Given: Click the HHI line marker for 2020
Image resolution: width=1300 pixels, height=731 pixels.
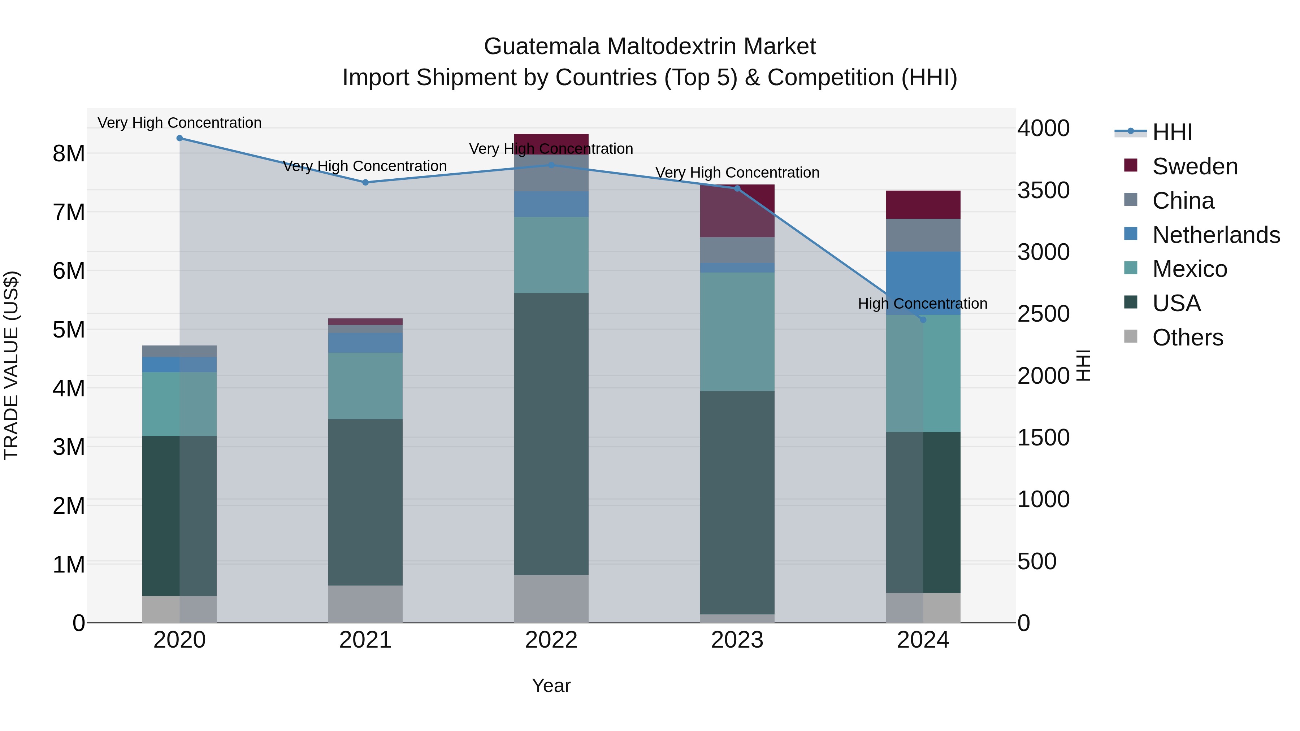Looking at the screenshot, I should tap(180, 138).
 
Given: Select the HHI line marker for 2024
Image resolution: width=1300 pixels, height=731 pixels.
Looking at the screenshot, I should tap(923, 320).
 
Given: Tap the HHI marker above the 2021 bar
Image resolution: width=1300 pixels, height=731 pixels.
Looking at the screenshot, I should tap(365, 183).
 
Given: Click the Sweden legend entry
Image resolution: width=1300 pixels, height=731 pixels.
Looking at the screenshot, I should tap(1195, 166).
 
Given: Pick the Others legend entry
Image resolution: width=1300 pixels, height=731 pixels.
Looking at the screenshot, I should tap(1187, 338).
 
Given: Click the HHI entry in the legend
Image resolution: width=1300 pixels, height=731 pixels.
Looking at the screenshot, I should tap(1172, 132).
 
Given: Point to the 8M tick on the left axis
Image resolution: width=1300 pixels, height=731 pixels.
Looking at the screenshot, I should tap(69, 153).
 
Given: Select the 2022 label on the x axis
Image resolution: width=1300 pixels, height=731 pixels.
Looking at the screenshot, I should tap(551, 640).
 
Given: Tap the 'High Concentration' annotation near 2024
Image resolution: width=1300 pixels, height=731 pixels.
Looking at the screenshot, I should tap(923, 304).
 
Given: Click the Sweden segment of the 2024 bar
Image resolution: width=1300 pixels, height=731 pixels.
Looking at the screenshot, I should tap(923, 205).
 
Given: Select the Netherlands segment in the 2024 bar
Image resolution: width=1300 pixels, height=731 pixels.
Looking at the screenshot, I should tap(923, 283).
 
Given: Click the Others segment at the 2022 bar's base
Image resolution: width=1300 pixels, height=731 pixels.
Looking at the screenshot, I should tap(551, 599).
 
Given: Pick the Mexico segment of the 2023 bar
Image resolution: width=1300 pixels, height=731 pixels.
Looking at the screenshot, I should tap(737, 331).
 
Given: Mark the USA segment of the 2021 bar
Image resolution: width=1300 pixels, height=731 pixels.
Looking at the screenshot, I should tap(365, 502).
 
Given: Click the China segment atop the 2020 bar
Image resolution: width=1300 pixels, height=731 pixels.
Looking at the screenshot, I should tap(180, 351).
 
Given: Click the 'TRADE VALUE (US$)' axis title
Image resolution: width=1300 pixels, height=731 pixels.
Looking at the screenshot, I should tap(11, 365).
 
